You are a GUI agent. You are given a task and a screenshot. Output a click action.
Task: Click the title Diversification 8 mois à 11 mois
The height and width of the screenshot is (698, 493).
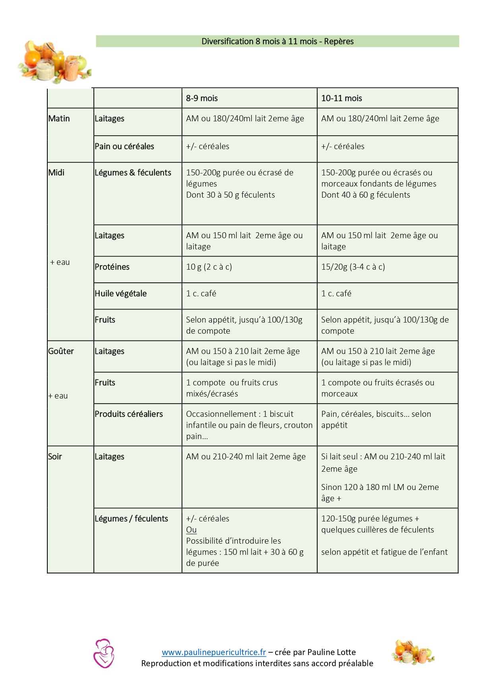pyautogui.click(x=277, y=41)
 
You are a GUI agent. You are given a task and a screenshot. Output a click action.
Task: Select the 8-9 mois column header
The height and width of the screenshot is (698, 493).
pyautogui.click(x=202, y=98)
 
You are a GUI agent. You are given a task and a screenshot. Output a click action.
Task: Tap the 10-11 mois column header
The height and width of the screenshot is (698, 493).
pyautogui.click(x=342, y=98)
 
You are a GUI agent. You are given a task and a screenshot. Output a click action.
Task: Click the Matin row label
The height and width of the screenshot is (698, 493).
pyautogui.click(x=59, y=119)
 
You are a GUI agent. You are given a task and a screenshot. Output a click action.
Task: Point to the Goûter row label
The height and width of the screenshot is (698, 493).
pyautogui.click(x=61, y=351)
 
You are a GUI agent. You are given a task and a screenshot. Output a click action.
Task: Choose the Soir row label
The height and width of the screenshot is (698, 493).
pyautogui.click(x=55, y=457)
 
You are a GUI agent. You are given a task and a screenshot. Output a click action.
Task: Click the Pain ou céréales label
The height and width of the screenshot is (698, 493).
pyautogui.click(x=124, y=146)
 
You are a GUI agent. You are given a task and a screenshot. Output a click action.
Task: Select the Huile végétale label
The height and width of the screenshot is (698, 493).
pyautogui.click(x=120, y=294)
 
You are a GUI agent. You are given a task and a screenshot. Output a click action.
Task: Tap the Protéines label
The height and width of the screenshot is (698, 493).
pyautogui.click(x=112, y=267)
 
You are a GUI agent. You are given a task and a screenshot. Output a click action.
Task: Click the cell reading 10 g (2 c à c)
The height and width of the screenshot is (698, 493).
pyautogui.click(x=209, y=267)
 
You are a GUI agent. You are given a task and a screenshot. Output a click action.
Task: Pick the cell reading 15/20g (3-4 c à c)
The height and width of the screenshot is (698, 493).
pyautogui.click(x=353, y=267)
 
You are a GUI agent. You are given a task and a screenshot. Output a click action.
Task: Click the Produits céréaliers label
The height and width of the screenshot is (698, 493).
pyautogui.click(x=128, y=414)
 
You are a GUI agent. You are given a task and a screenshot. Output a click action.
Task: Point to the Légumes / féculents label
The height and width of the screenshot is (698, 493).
pyautogui.click(x=131, y=519)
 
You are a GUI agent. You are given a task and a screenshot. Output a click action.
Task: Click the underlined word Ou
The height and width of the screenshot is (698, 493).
pyautogui.click(x=191, y=530)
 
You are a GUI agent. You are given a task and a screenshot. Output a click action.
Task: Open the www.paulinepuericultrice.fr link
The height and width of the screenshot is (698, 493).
pyautogui.click(x=214, y=652)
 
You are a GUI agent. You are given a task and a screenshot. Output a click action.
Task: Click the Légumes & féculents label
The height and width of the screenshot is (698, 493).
pyautogui.click(x=133, y=173)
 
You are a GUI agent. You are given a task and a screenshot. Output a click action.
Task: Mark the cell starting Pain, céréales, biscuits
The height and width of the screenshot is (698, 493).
pyautogui.click(x=376, y=420)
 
